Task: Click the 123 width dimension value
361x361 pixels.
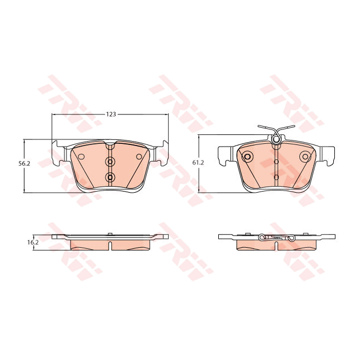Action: [x=111, y=114]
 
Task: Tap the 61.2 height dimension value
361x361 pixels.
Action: [x=198, y=163]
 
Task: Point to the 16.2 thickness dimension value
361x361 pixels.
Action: [x=33, y=242]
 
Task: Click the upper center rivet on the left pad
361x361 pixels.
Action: [x=110, y=162]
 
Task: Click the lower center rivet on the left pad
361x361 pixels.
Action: [x=110, y=177]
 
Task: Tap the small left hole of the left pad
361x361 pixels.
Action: [x=81, y=156]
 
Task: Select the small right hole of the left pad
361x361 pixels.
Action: [x=138, y=157]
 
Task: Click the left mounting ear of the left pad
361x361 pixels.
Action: [x=58, y=154]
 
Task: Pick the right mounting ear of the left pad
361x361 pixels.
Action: [x=162, y=154]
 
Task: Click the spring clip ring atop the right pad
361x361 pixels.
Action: [x=276, y=139]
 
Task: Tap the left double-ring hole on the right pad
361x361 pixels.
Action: [x=248, y=156]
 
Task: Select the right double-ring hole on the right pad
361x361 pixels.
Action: [x=305, y=156]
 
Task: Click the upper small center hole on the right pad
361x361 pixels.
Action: [x=277, y=162]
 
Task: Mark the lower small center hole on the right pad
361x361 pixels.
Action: [x=277, y=177]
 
